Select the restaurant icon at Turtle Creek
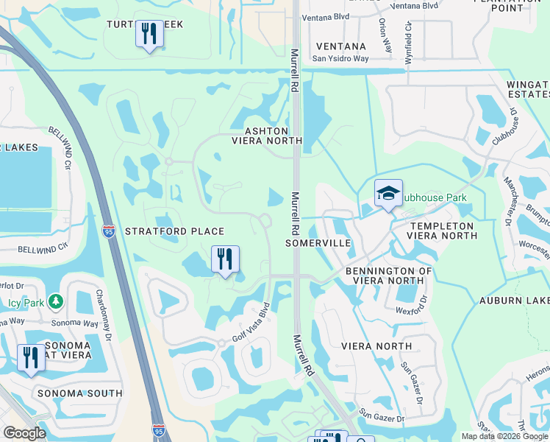[149, 34]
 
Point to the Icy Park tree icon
[55, 301]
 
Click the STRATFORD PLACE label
[174, 231]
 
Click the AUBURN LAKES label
[514, 301]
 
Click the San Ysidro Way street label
[339, 59]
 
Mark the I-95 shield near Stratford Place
[109, 231]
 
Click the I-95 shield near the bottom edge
[159, 429]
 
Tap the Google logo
[24, 434]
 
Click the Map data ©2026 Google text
[504, 436]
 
